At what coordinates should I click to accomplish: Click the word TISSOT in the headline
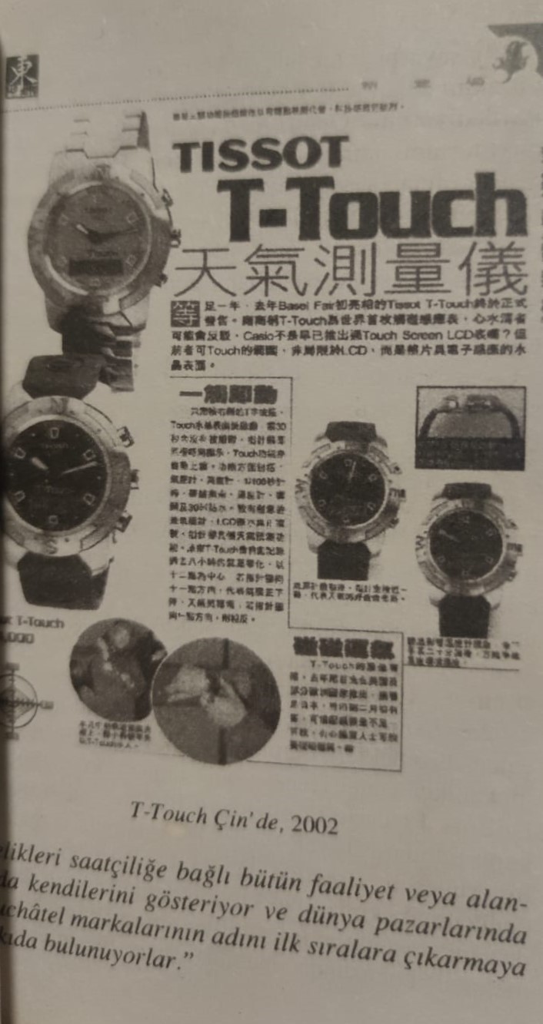[x=262, y=154]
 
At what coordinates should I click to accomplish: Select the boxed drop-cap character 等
[x=183, y=313]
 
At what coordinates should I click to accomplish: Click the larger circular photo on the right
[x=215, y=699]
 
